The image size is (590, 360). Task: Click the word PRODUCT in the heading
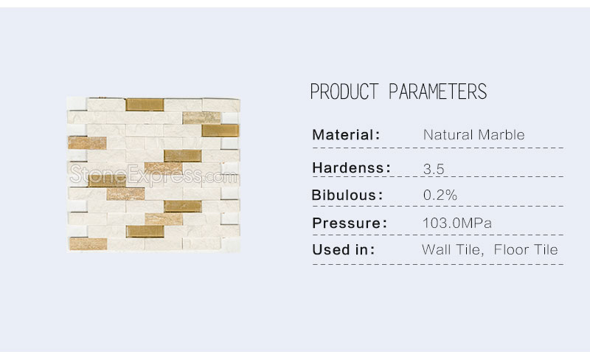pos(344,91)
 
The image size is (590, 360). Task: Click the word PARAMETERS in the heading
pos(437,91)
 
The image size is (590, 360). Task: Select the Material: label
pos(346,135)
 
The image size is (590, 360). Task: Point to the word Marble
pos(502,135)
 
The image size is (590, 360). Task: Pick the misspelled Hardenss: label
pos(351,168)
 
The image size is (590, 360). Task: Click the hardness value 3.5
pos(434,169)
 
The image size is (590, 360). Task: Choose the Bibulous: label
pos(347,195)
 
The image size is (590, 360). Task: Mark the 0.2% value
pos(440,195)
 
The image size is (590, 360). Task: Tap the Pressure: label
pos(349,223)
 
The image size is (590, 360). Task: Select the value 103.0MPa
pos(457,223)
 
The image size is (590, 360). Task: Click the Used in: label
pos(343,249)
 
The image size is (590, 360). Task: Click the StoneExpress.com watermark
pos(153,175)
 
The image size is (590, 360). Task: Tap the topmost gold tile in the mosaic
pos(145,105)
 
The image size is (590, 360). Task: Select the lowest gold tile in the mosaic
pos(145,232)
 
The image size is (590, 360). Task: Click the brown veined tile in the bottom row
pos(88,244)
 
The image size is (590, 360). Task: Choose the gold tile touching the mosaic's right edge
pos(221,131)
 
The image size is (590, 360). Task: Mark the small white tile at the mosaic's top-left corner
pos(77,104)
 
